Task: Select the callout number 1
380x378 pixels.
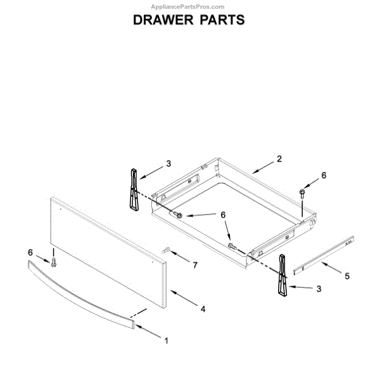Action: coord(166,341)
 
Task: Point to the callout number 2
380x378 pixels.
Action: coord(279,159)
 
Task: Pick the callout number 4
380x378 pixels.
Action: coord(203,310)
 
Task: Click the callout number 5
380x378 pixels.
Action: coord(346,275)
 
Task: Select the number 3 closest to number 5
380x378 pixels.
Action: coord(319,289)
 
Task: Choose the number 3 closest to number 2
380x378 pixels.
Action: coord(168,163)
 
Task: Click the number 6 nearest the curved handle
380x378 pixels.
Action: coord(30,253)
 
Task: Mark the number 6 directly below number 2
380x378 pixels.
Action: coord(324,175)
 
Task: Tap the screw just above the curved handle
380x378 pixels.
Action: coord(54,260)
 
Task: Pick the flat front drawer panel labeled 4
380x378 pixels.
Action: coord(108,256)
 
